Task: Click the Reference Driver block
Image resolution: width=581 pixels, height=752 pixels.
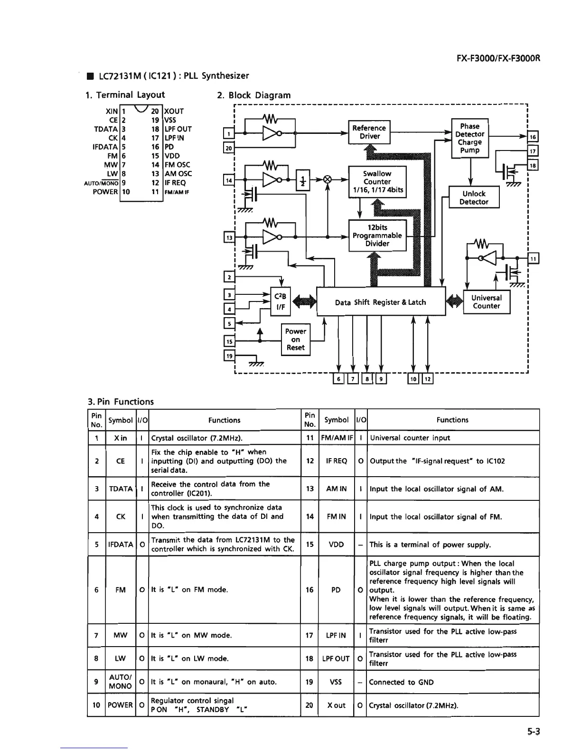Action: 369,132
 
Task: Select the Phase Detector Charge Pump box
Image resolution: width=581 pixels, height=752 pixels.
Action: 469,138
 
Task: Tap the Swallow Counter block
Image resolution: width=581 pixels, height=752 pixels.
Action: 377,182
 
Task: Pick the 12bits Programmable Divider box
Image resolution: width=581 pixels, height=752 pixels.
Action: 377,235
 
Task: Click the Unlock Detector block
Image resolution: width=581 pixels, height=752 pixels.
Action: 473,197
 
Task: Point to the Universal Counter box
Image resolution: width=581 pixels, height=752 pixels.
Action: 486,302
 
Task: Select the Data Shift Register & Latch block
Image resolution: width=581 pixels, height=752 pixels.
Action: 380,302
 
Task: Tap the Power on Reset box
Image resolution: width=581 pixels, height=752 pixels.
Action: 295,339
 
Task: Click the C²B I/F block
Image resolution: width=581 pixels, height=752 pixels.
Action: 280,302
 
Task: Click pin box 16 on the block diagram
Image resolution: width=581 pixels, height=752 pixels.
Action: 533,137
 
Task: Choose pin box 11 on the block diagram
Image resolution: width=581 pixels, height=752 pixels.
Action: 533,259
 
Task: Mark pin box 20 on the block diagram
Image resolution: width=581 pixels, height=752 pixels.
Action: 228,148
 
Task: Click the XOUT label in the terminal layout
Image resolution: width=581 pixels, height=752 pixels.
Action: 174,111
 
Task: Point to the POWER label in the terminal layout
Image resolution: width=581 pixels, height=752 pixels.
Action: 105,192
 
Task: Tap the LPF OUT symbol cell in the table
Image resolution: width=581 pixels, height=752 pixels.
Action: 336,659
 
